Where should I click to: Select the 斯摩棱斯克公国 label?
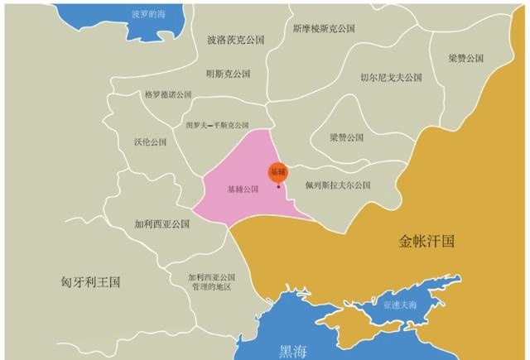tap(324, 28)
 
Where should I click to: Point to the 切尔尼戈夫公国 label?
tap(391, 77)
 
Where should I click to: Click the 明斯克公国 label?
tap(228, 74)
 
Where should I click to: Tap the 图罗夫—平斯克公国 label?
tap(217, 126)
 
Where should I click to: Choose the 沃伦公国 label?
tap(150, 142)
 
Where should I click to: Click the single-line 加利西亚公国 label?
tap(162, 223)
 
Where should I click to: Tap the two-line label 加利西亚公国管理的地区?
tap(211, 282)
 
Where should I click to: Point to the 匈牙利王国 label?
tap(91, 281)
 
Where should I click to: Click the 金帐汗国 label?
tap(426, 242)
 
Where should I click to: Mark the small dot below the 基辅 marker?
tap(278, 186)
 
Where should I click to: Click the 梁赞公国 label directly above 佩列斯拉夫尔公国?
tap(346, 137)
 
